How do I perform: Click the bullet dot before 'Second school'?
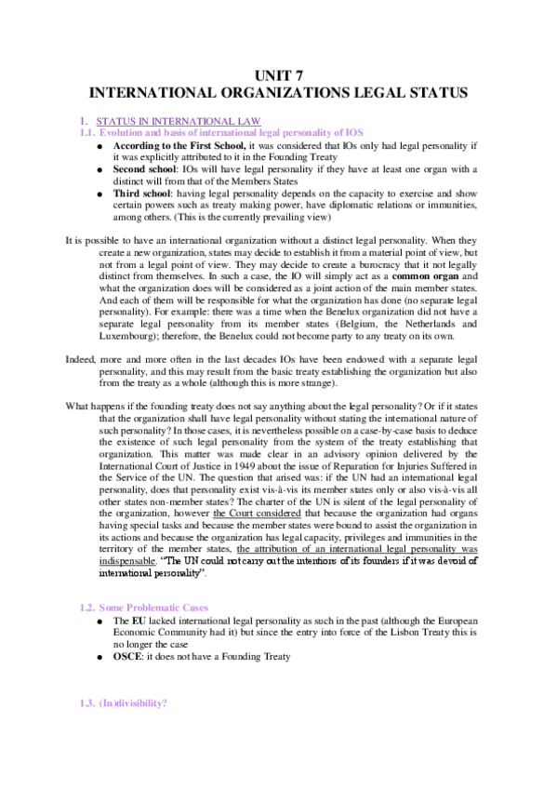[101, 169]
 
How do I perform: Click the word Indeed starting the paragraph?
[80, 384]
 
